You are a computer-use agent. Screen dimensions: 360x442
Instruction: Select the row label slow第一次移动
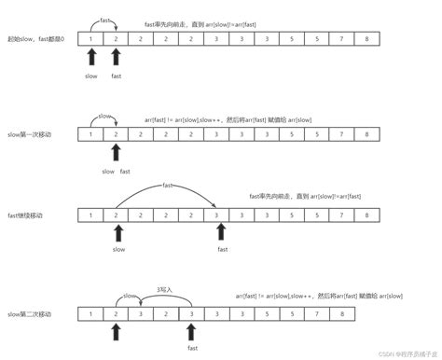point(31,135)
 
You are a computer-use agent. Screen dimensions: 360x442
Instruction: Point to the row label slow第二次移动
point(31,315)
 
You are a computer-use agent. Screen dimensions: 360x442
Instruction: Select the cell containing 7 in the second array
point(342,135)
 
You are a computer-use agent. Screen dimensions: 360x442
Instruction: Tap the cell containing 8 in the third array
point(367,215)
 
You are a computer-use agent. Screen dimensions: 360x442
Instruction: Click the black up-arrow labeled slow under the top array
point(90,62)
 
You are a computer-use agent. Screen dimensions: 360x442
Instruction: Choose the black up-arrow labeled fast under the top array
point(116,62)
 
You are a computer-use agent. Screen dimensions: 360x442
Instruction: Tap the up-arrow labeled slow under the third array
point(116,235)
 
